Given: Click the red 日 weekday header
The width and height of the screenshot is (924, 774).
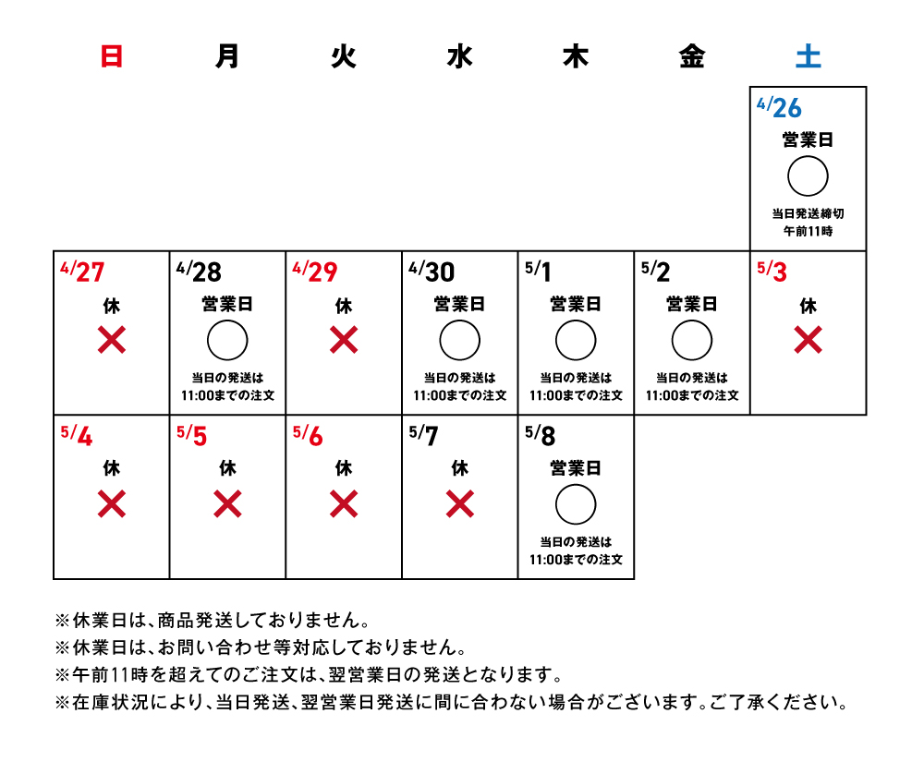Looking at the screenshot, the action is [112, 56].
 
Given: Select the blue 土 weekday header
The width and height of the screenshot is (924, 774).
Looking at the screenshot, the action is [808, 56].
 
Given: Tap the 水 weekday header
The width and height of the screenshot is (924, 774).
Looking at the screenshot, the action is [459, 56].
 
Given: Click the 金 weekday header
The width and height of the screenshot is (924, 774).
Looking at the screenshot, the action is [692, 56].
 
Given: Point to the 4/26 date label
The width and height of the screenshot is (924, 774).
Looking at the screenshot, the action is [779, 108].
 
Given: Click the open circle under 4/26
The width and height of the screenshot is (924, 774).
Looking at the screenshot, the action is [808, 176].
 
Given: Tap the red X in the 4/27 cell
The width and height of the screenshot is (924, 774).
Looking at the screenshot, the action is [112, 341].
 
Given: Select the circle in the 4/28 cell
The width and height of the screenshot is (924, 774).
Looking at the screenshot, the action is [227, 341].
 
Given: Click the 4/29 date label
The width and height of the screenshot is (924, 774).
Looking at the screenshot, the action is [315, 272].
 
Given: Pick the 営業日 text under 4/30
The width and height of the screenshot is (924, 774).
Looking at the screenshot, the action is [459, 304].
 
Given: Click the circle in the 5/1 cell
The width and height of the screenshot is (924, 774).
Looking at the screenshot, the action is [576, 341].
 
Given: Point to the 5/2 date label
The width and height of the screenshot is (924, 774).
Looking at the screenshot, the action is [655, 272].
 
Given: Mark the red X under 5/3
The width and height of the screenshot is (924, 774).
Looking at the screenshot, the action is [808, 341].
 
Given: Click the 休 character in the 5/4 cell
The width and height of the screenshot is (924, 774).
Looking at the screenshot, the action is [112, 468].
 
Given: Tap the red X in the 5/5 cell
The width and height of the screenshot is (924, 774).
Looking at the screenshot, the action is [227, 505].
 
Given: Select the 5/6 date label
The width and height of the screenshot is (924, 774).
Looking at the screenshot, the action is [308, 436].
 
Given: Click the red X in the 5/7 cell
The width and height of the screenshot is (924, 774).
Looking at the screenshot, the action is [459, 505].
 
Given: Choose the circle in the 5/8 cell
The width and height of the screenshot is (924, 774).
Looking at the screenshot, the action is [576, 505].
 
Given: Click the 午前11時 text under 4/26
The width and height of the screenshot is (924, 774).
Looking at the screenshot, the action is [808, 231].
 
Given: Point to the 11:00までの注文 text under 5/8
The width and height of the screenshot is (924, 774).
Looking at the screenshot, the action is [576, 560].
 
